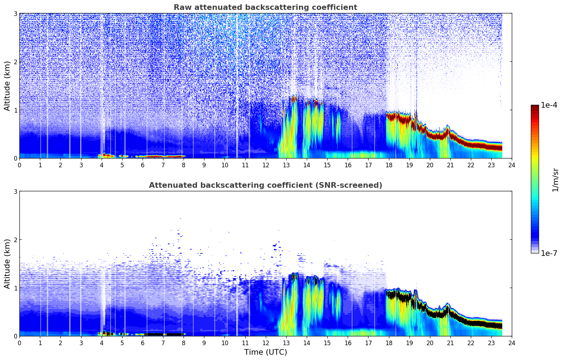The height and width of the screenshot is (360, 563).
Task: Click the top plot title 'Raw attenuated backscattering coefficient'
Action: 265,7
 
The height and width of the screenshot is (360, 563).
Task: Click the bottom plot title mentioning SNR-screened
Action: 265,185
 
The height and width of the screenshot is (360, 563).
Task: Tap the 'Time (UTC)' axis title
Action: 265,352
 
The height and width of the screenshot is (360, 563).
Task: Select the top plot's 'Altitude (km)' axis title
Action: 7,86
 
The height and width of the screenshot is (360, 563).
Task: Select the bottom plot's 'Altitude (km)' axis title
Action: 7,264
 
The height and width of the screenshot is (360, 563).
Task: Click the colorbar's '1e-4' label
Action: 549,105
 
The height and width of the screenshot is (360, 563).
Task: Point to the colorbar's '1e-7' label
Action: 549,253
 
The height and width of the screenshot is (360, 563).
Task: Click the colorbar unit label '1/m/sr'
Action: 555,180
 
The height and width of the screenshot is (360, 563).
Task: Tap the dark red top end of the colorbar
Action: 535,107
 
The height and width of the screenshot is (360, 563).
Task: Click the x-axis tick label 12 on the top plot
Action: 265,165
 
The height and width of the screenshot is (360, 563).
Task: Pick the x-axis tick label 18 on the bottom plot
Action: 389,343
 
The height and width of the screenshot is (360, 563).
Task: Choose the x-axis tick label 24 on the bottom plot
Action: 512,343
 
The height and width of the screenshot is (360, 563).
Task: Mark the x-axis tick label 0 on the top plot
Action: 19,165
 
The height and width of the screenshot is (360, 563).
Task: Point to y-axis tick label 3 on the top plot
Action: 15,13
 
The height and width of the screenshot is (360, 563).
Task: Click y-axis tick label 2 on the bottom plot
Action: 15,240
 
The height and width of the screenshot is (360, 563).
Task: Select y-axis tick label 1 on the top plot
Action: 15,110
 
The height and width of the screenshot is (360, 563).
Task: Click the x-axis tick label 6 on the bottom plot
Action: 143,343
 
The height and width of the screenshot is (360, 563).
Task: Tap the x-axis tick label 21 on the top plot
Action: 450,165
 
